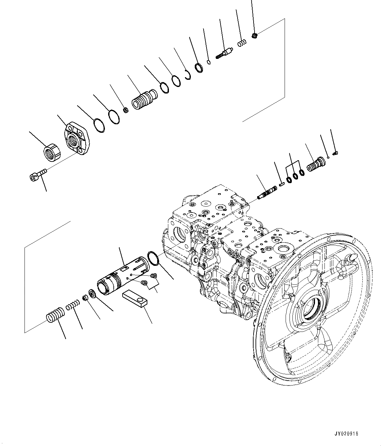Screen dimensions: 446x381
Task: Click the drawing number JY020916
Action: [x=346, y=434]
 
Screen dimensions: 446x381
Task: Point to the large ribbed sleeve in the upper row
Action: [x=144, y=99]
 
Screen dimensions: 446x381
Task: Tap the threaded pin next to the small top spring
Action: [x=225, y=53]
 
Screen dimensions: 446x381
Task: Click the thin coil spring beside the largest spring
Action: [x=72, y=306]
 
